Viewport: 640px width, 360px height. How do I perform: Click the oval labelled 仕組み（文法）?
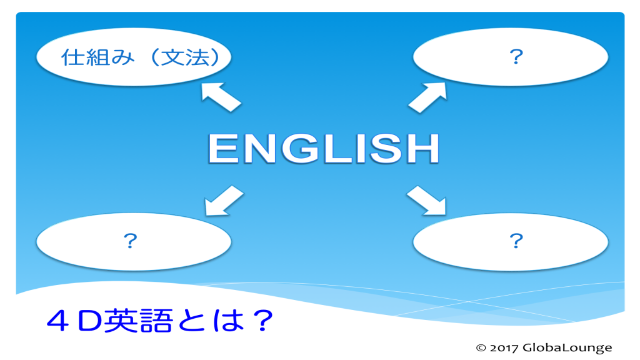[x=134, y=57]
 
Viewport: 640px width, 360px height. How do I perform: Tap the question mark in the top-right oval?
[x=516, y=57]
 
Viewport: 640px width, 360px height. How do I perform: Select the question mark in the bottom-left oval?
[x=131, y=241]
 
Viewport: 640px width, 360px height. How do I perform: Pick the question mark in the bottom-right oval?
[x=516, y=241]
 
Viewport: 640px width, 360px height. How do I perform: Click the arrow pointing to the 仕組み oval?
[x=220, y=97]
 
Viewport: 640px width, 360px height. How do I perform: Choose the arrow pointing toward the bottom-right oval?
[x=427, y=201]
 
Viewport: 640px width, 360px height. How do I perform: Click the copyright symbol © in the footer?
[x=481, y=348]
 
